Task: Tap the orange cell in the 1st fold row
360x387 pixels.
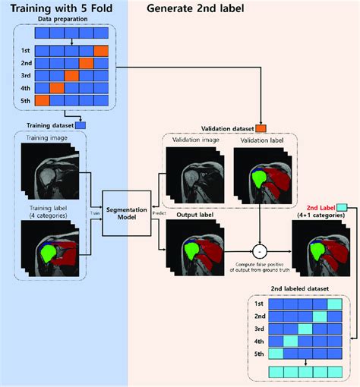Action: point(101,52)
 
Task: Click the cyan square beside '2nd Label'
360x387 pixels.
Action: point(341,207)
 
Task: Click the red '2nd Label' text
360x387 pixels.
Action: point(319,207)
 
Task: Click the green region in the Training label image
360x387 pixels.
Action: point(50,251)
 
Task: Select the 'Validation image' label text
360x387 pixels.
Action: point(194,142)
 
